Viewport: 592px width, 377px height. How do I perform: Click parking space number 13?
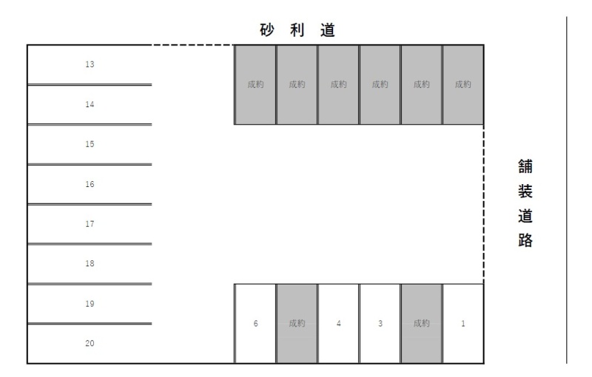(x=90, y=64)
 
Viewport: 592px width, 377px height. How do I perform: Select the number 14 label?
(x=90, y=104)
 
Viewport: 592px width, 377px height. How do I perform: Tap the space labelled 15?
(x=90, y=144)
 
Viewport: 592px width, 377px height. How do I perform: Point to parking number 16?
(x=90, y=184)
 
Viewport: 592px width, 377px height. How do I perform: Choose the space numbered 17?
(x=90, y=224)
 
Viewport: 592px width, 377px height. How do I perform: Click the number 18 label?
(x=90, y=263)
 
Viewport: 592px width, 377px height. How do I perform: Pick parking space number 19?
(x=90, y=304)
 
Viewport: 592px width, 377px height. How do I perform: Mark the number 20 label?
(x=90, y=343)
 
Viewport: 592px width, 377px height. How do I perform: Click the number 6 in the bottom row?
(x=255, y=324)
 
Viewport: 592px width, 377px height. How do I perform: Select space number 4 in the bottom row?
(x=339, y=324)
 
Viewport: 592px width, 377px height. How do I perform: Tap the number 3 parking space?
(x=380, y=324)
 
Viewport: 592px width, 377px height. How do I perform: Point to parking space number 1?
(x=463, y=324)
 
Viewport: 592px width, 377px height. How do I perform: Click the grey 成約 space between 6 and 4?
(x=297, y=324)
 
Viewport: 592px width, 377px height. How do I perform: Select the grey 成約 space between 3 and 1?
(x=421, y=324)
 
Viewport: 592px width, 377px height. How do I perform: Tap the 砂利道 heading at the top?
(x=297, y=30)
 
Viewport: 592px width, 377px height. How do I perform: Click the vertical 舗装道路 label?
(x=525, y=203)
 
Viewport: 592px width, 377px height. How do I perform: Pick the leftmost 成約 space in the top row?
(x=255, y=84)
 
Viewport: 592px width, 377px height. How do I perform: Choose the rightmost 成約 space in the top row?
(x=463, y=84)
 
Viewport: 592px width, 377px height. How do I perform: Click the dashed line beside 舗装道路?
(x=484, y=204)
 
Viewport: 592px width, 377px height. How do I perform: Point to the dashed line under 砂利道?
(x=193, y=45)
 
